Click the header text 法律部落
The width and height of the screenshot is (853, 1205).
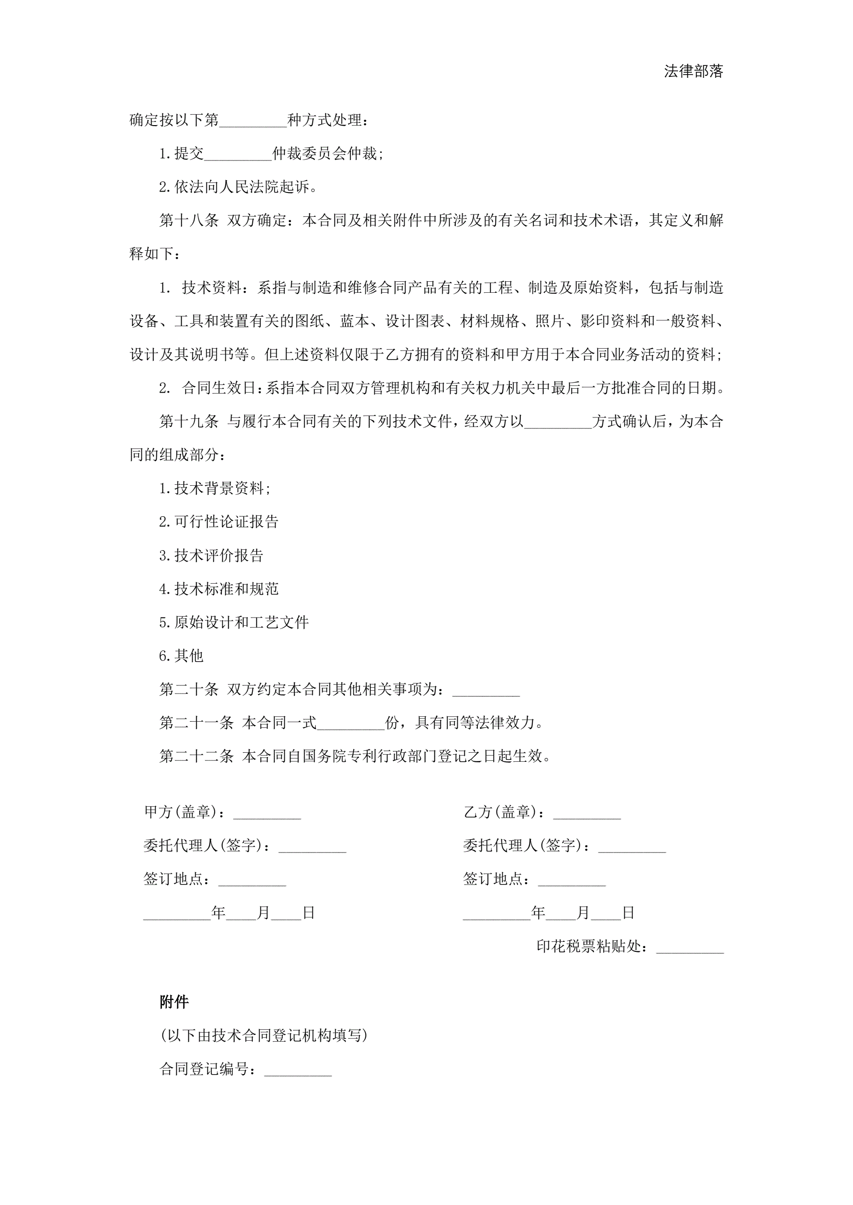[693, 71]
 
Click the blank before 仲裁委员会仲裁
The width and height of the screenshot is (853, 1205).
[238, 154]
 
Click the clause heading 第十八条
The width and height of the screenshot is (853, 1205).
[189, 221]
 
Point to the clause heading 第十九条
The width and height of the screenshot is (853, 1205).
[189, 421]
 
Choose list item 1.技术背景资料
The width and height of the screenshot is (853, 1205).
[215, 489]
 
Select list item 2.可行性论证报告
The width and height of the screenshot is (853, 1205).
[218, 522]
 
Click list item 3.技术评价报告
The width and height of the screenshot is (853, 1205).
[211, 555]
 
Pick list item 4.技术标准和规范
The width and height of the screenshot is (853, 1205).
[218, 589]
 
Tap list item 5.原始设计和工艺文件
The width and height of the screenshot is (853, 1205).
[234, 622]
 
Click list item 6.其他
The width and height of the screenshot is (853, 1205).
[181, 656]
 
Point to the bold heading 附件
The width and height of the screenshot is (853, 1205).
[174, 1002]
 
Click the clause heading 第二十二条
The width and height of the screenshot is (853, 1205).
[196, 756]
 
